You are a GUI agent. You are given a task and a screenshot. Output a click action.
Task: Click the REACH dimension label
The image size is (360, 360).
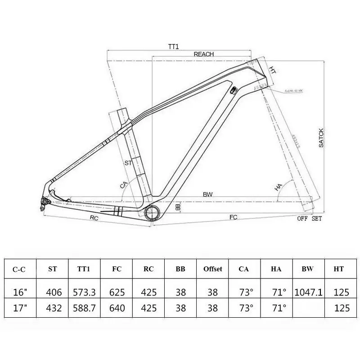click(203, 54)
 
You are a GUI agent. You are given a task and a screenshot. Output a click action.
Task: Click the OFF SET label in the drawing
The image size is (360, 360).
click(309, 219)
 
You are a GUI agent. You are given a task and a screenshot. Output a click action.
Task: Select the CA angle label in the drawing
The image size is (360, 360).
click(124, 185)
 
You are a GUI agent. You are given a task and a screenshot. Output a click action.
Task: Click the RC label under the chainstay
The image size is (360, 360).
click(94, 217)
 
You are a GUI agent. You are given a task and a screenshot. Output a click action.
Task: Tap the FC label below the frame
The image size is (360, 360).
click(233, 217)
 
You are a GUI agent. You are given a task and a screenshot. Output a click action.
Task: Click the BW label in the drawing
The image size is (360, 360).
click(207, 194)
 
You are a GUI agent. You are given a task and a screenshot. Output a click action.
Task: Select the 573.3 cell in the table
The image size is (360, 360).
click(84, 292)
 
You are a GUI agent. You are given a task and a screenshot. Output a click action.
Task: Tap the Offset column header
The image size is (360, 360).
click(213, 269)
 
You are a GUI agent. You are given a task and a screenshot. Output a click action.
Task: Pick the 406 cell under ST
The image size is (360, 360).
click(52, 292)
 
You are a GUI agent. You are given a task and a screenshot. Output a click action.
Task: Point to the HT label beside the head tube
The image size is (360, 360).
click(272, 71)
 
